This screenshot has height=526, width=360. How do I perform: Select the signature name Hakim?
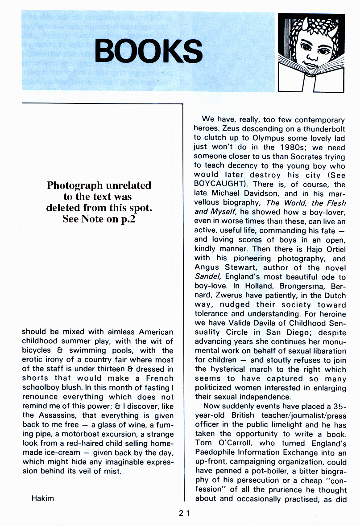[42, 498]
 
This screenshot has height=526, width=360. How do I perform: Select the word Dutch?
[335, 295]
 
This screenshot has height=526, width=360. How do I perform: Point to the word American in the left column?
[155, 332]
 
